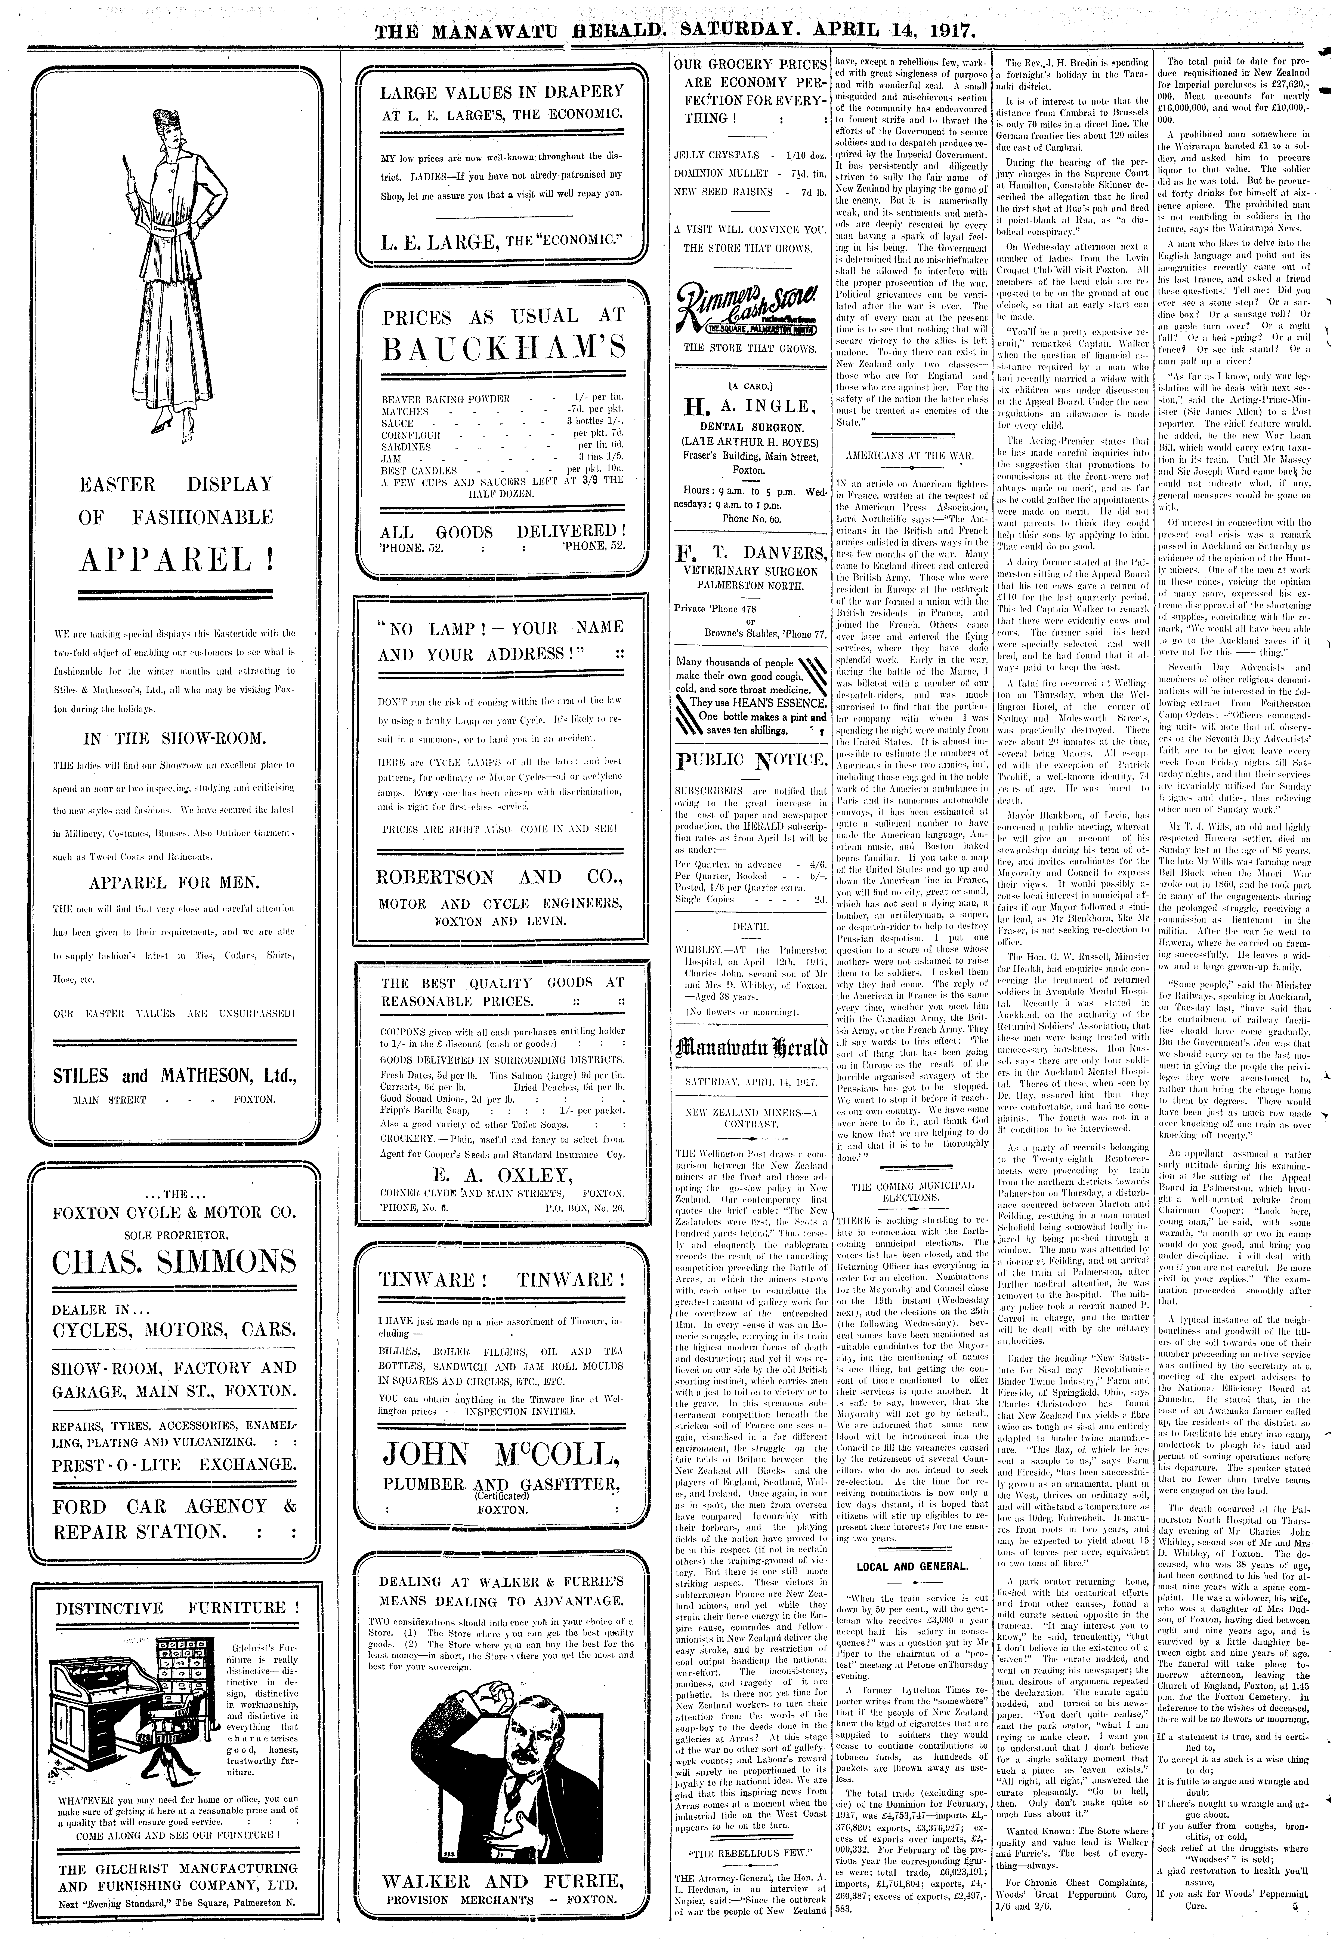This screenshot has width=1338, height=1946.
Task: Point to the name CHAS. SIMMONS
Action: pyautogui.click(x=174, y=1261)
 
